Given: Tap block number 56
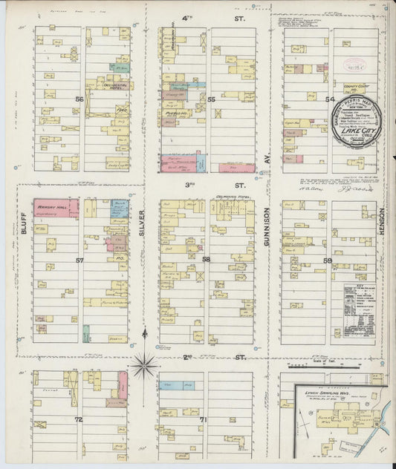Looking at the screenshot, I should [79, 98].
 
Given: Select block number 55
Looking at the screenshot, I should [211, 98].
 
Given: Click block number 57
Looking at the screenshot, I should [79, 260].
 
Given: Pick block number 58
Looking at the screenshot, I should [206, 259].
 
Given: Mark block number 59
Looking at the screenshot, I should [327, 260].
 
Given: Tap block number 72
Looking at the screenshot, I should [79, 419].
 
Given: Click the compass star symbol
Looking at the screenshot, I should [143, 363].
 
